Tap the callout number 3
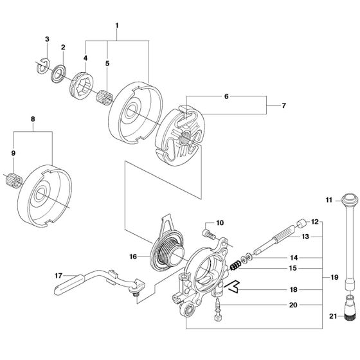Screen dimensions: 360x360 47,40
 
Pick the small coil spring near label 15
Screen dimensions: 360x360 237,266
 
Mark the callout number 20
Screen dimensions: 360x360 293,304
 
